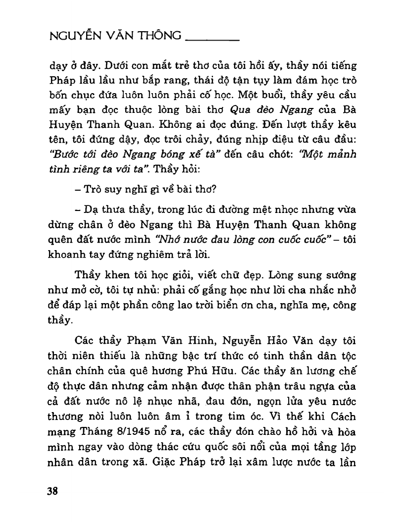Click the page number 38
click(52, 491)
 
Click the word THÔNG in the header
click(157, 37)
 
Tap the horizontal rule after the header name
click(211, 39)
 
